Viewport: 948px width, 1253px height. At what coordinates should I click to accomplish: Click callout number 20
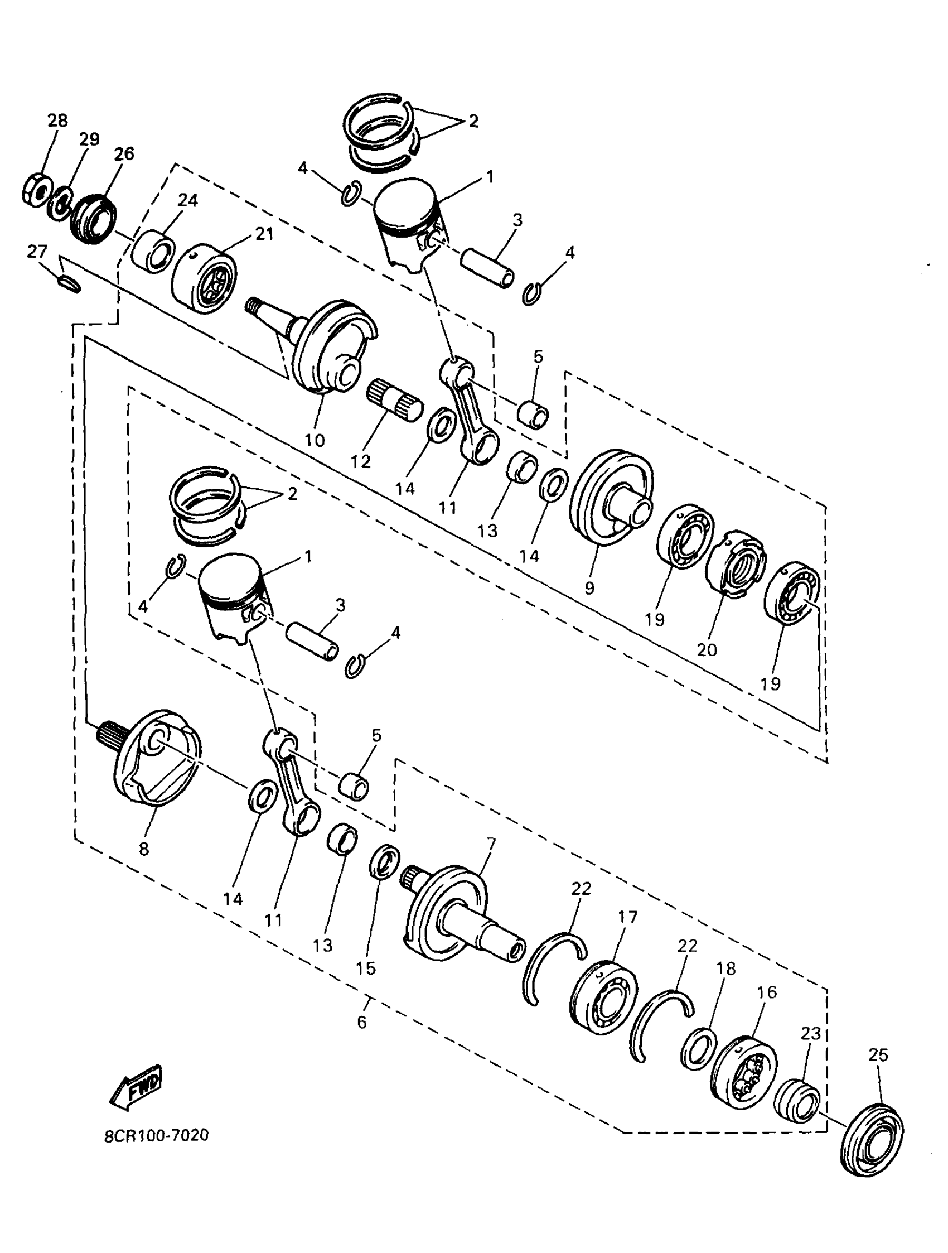pyautogui.click(x=707, y=649)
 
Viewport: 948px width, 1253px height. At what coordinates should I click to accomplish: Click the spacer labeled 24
pyautogui.click(x=153, y=249)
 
